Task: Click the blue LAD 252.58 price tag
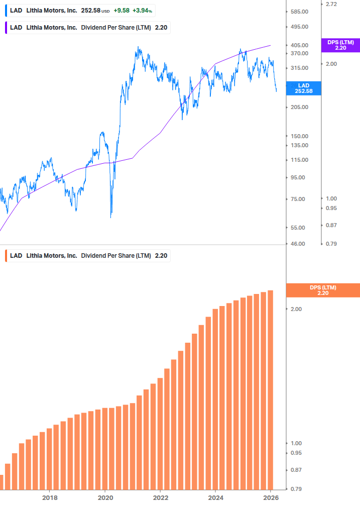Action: tap(303, 88)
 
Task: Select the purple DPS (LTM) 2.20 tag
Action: tap(340, 45)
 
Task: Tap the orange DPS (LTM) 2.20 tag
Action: tap(322, 290)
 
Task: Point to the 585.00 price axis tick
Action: tap(299, 11)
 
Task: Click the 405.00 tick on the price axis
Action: tap(299, 45)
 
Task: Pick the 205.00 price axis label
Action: tap(299, 107)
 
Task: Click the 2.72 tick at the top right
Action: tap(331, 4)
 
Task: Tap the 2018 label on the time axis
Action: tap(50, 498)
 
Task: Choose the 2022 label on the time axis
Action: tap(160, 498)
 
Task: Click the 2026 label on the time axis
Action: tap(271, 498)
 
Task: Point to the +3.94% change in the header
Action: tap(143, 10)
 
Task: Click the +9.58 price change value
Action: tap(121, 10)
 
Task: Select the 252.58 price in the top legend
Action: tap(91, 10)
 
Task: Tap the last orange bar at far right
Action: tap(270, 389)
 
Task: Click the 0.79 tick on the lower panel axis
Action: tap(296, 489)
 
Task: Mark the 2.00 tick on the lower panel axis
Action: tap(296, 309)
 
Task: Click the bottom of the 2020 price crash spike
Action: tap(110, 217)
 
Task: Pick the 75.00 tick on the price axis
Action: tap(299, 199)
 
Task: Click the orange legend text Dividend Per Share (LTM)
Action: tap(116, 255)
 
